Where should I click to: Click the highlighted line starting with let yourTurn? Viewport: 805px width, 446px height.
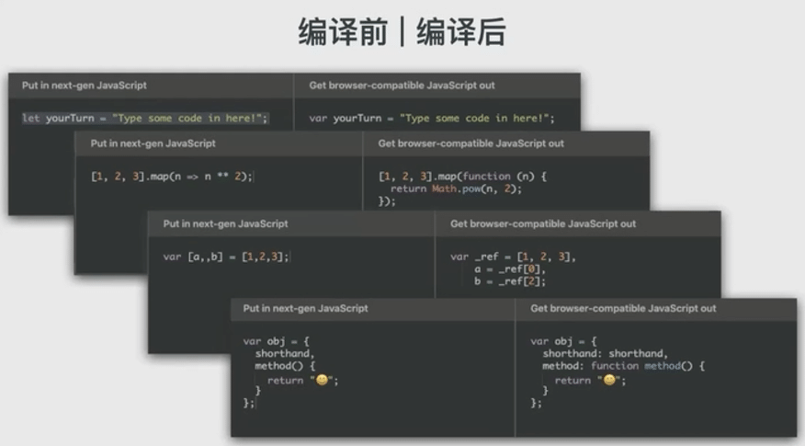[x=145, y=119]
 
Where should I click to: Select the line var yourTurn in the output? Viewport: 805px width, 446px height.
[x=432, y=119]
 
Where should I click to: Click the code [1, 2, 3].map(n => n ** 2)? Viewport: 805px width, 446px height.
[x=171, y=177]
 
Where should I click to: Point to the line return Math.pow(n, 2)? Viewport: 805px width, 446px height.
[x=448, y=189]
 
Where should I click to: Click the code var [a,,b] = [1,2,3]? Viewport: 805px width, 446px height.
[x=226, y=257]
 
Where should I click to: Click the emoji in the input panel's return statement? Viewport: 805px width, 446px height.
[x=322, y=380]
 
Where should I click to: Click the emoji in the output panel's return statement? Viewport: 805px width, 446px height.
[x=609, y=380]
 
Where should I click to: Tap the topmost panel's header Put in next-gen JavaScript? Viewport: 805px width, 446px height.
[x=84, y=86]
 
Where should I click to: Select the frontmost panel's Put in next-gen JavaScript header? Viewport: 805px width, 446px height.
[x=305, y=308]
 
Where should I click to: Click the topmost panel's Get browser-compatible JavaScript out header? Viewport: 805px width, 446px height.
[x=402, y=86]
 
